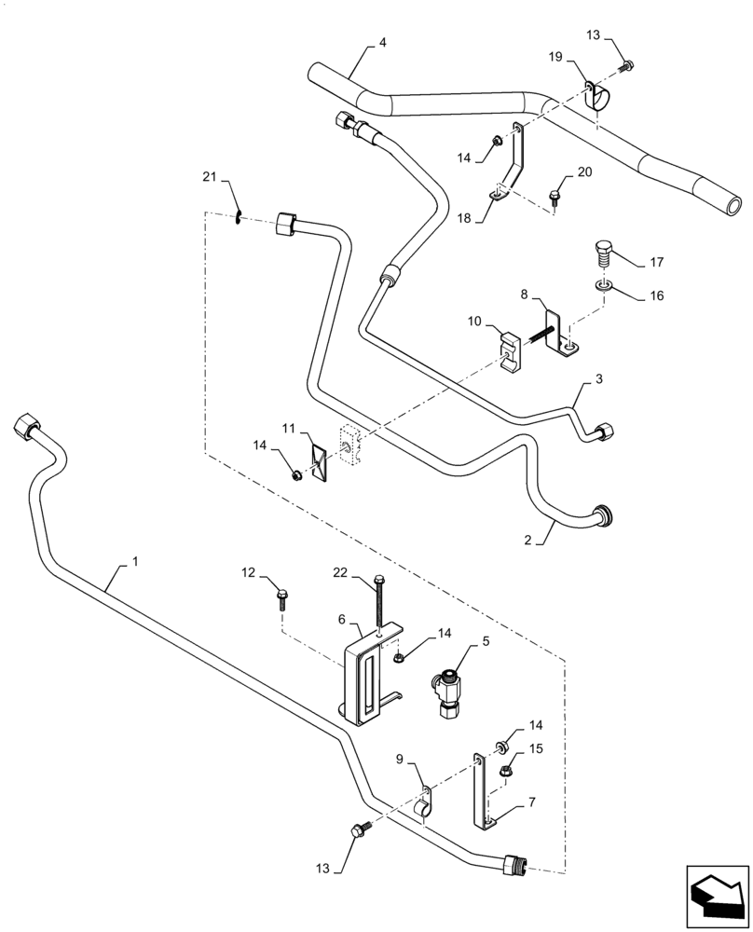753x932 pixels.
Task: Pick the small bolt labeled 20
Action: click(x=557, y=197)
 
